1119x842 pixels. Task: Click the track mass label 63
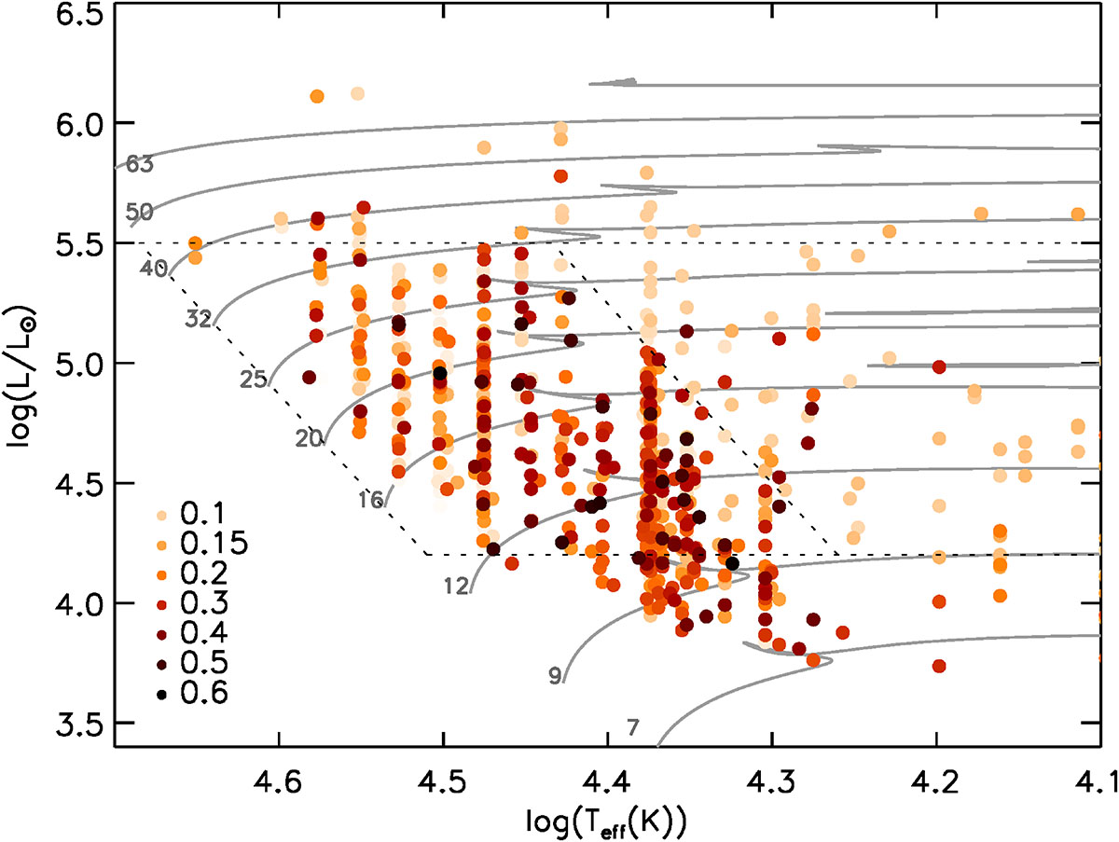[x=139, y=165]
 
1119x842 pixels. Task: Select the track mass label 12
[x=455, y=586]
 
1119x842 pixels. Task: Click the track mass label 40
[x=154, y=269]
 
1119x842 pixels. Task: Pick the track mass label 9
[x=556, y=676]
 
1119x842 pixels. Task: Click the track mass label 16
[x=370, y=501]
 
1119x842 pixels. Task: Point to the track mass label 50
[x=139, y=212]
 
